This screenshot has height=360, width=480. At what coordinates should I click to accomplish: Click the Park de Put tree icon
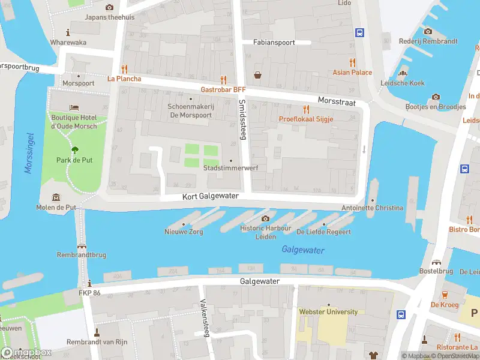pos(75,150)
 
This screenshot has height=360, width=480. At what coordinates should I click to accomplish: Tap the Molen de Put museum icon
pos(56,197)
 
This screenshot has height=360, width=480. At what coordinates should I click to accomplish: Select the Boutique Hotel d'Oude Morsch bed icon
pos(74,107)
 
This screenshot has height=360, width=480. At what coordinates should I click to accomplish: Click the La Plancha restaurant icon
pos(124,68)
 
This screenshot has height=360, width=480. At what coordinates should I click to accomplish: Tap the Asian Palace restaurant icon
pos(352,62)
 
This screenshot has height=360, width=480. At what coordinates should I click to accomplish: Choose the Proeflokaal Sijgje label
pos(305,119)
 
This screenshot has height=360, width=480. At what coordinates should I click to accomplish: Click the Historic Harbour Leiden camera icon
pos(265,218)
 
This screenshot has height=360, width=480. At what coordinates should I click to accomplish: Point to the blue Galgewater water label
pos(303,250)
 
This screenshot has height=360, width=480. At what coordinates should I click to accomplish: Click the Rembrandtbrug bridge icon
pos(82,245)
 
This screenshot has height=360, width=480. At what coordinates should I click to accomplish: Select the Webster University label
pos(328,311)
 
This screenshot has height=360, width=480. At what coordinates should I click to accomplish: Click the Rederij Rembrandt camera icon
pos(428,31)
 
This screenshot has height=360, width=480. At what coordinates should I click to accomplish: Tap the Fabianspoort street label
pos(274,43)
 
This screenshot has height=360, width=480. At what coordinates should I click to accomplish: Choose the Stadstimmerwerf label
pos(231,168)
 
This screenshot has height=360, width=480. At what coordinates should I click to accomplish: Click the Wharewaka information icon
pos(68,32)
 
